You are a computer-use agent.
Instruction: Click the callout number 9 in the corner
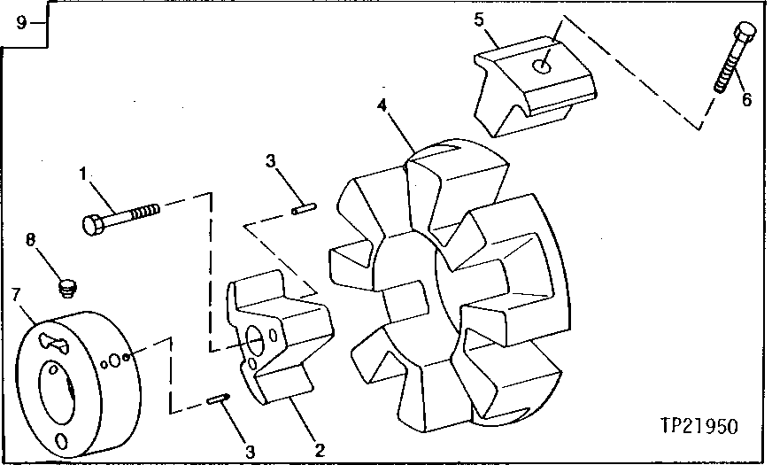(20, 22)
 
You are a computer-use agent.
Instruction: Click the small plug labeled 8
(65, 286)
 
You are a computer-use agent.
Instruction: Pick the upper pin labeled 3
(302, 210)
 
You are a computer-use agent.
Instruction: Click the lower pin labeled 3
(218, 401)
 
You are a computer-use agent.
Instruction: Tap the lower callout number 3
(251, 450)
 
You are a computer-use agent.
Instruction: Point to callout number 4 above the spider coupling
(382, 105)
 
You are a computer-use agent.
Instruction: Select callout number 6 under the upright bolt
(745, 100)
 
